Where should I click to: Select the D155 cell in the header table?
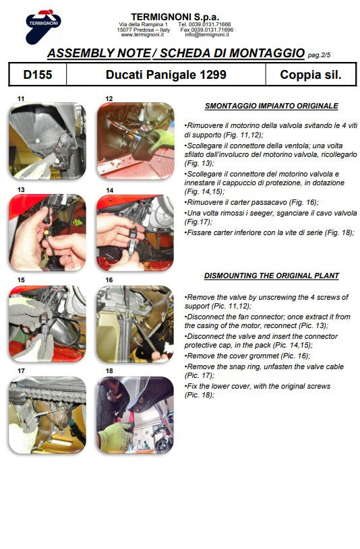37,75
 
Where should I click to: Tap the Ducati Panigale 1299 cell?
166,75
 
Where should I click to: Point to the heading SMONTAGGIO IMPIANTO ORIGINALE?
271,106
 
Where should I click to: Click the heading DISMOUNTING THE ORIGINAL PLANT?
271,276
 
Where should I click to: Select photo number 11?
47,140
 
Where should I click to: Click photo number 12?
135,140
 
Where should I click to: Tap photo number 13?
47,232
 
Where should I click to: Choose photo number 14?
135,232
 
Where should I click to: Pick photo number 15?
47,323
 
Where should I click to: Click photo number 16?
135,323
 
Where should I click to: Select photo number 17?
47,414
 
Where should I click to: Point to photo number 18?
135,414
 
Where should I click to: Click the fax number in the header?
206,30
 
